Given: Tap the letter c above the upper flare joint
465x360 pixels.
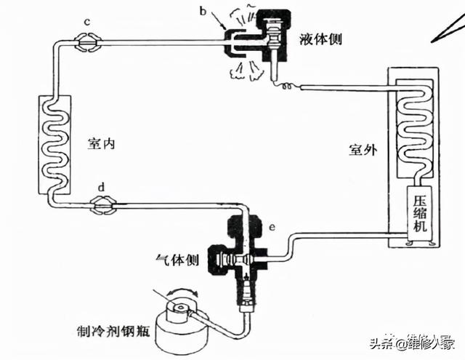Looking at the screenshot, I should pyautogui.click(x=86, y=23).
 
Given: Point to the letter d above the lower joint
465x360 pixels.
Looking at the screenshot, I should pyautogui.click(x=102, y=188).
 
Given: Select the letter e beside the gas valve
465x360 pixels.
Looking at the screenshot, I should pyautogui.click(x=272, y=228).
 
